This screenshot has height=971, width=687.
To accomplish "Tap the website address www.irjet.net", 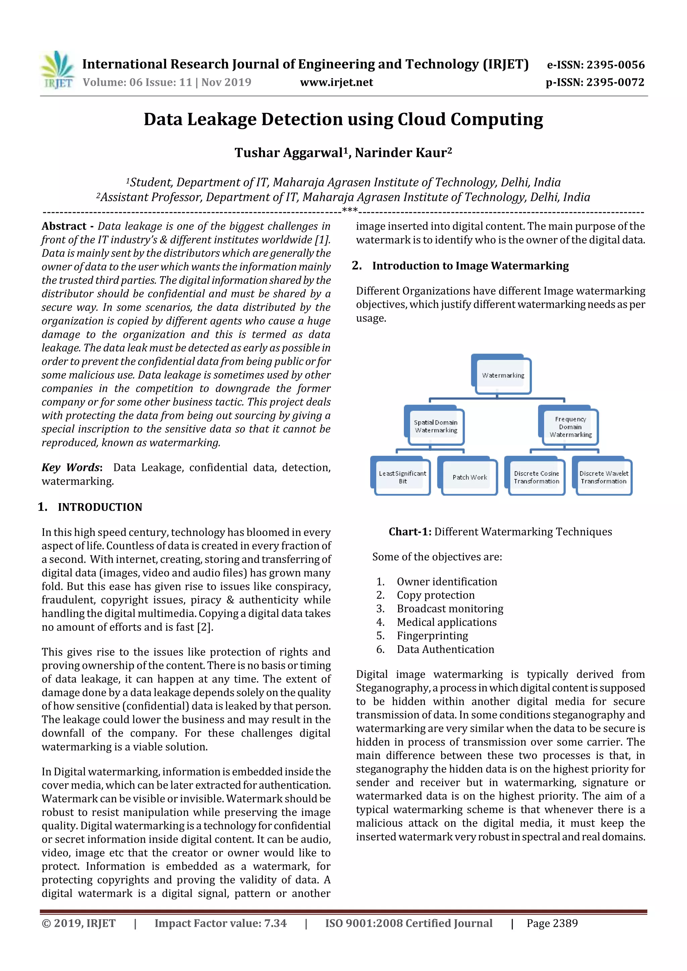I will click(336, 82).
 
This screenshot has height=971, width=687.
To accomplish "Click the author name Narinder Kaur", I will click(403, 153).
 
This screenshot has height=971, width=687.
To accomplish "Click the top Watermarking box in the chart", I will click(503, 375).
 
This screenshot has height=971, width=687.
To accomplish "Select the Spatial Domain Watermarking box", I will click(435, 426).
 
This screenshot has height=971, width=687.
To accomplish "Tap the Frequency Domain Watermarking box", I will click(570, 427).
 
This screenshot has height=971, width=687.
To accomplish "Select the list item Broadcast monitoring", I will click(450, 609).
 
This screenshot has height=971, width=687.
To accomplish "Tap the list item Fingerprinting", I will click(432, 635).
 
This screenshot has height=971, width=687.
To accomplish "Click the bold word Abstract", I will click(64, 226).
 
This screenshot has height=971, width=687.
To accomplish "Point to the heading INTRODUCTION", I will click(100, 507).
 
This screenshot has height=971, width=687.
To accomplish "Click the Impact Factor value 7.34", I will click(275, 923).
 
